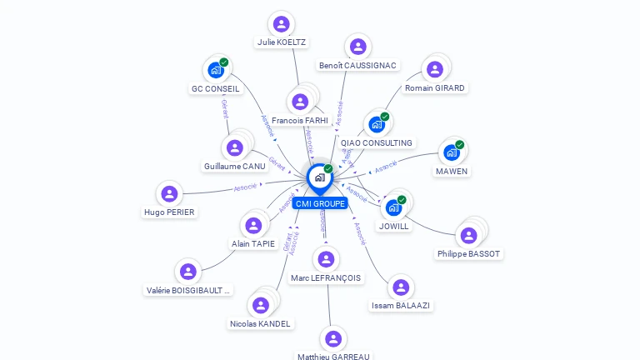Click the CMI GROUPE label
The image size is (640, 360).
[x=320, y=203]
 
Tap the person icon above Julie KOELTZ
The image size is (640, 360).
[x=282, y=24]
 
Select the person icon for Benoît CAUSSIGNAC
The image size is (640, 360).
[x=358, y=47]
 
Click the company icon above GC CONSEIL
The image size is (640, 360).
[x=216, y=70]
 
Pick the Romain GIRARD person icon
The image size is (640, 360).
[x=434, y=70]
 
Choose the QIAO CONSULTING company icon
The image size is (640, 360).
[x=377, y=125]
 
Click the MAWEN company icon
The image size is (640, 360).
[x=451, y=152]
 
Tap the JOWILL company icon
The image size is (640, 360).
[x=393, y=207]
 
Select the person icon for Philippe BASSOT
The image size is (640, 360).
[x=468, y=235]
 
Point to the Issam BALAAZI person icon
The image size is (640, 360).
[x=401, y=287]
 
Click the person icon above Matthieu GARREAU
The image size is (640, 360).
[x=333, y=338]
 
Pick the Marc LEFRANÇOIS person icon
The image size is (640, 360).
[x=326, y=259]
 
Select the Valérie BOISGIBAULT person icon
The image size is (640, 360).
[x=188, y=272]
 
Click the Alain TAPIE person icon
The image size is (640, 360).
[x=252, y=225]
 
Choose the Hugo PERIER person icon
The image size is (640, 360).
[x=169, y=194]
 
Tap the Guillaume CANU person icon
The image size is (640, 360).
[x=235, y=148]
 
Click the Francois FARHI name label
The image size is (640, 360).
[x=300, y=121]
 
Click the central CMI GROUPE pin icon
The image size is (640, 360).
[x=319, y=177]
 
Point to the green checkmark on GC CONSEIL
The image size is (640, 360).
[x=224, y=62]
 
